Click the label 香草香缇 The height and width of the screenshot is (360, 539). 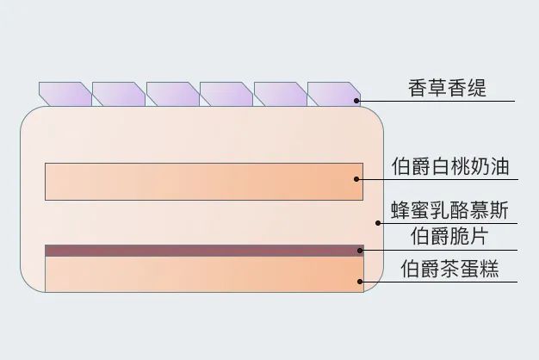pyautogui.click(x=447, y=88)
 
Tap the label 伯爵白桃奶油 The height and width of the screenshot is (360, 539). pyautogui.click(x=450, y=166)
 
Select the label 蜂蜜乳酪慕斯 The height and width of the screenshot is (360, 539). pyautogui.click(x=450, y=210)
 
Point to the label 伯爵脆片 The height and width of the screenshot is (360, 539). pyautogui.click(x=449, y=236)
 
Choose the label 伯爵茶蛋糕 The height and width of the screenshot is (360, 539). pyautogui.click(x=449, y=268)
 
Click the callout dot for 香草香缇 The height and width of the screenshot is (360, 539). pyautogui.click(x=356, y=101)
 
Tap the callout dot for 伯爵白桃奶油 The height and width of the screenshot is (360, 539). pyautogui.click(x=356, y=179)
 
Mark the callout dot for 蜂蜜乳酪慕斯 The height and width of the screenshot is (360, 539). pyautogui.click(x=378, y=223)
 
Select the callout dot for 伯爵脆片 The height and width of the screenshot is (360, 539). pyautogui.click(x=360, y=251)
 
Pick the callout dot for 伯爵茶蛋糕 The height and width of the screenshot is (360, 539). pyautogui.click(x=360, y=282)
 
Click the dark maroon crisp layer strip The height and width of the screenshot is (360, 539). pyautogui.click(x=204, y=251)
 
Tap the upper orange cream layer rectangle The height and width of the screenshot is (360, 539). pyautogui.click(x=204, y=182)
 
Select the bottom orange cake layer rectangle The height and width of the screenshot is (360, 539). pyautogui.click(x=204, y=275)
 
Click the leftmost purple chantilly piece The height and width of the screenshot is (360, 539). pyautogui.click(x=65, y=94)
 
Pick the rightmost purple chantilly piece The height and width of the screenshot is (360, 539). pyautogui.click(x=334, y=94)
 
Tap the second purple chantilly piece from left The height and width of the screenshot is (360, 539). pyautogui.click(x=119, y=94)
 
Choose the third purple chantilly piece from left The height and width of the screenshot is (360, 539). pyautogui.click(x=173, y=94)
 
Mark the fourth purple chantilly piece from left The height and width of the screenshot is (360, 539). pyautogui.click(x=226, y=94)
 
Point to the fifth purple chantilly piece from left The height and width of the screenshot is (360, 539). pyautogui.click(x=281, y=94)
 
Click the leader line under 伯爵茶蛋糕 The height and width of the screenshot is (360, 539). pyautogui.click(x=438, y=282)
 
